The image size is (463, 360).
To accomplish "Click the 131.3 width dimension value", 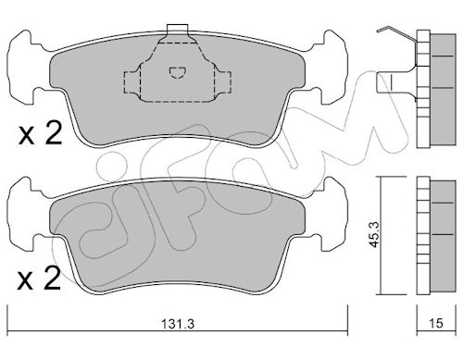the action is click(178, 324).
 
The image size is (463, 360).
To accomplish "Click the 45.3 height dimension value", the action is click(375, 234).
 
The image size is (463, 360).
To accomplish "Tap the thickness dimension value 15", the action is click(436, 323).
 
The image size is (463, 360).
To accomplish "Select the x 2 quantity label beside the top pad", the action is click(41, 133).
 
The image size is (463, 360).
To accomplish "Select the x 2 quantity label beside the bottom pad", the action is click(39, 279).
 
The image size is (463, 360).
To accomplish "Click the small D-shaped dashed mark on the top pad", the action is click(178, 72).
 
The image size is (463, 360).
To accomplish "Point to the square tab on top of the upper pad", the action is click(177, 29).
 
